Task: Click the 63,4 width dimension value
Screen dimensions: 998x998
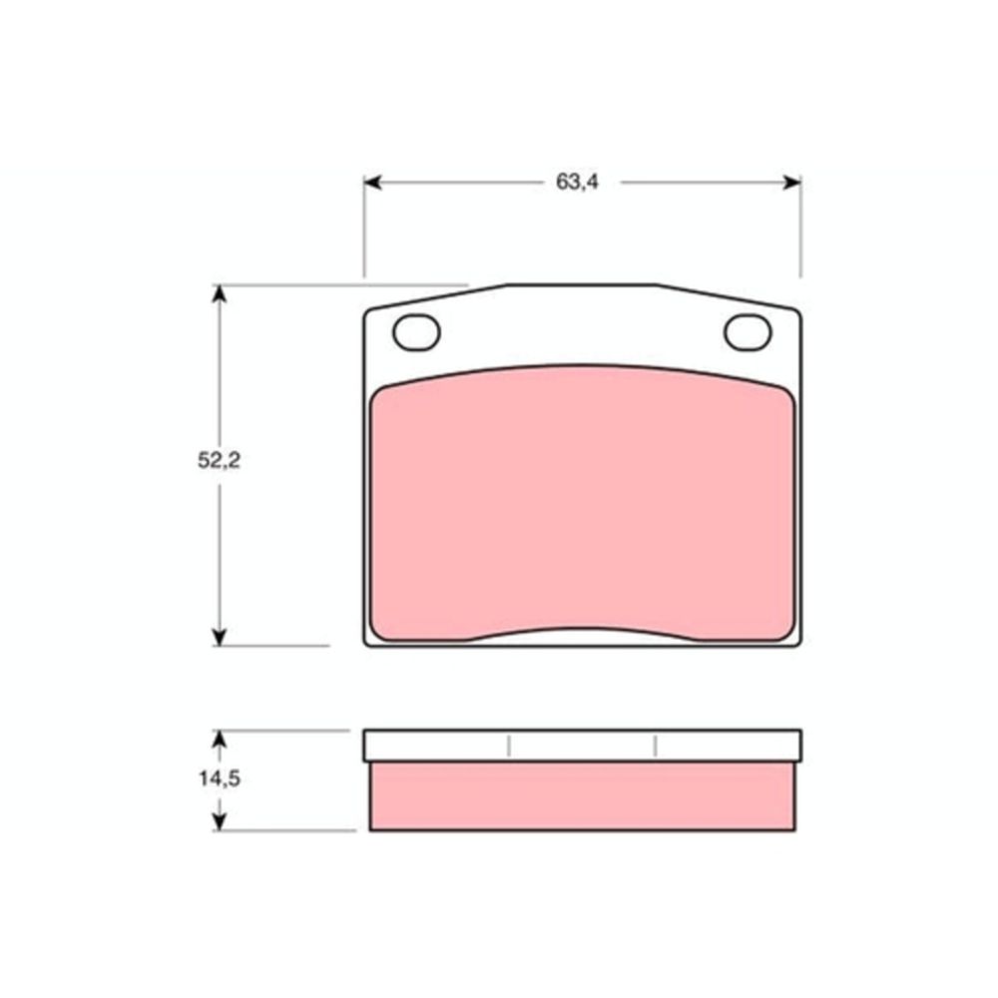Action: pyautogui.click(x=577, y=182)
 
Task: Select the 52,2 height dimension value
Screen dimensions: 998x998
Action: pyautogui.click(x=219, y=460)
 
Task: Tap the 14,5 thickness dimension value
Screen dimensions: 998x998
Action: pyautogui.click(x=220, y=778)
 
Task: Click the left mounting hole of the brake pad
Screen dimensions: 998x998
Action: pyautogui.click(x=417, y=333)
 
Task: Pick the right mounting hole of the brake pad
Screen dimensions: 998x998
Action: pyautogui.click(x=748, y=333)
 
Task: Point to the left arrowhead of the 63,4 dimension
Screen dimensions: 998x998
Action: pyautogui.click(x=372, y=183)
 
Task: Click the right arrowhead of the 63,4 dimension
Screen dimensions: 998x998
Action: pyautogui.click(x=792, y=183)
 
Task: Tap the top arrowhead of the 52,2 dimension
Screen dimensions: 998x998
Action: pyautogui.click(x=219, y=293)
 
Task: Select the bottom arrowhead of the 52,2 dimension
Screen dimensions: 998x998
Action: pyautogui.click(x=219, y=637)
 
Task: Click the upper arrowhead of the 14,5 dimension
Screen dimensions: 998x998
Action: pyautogui.click(x=219, y=739)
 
